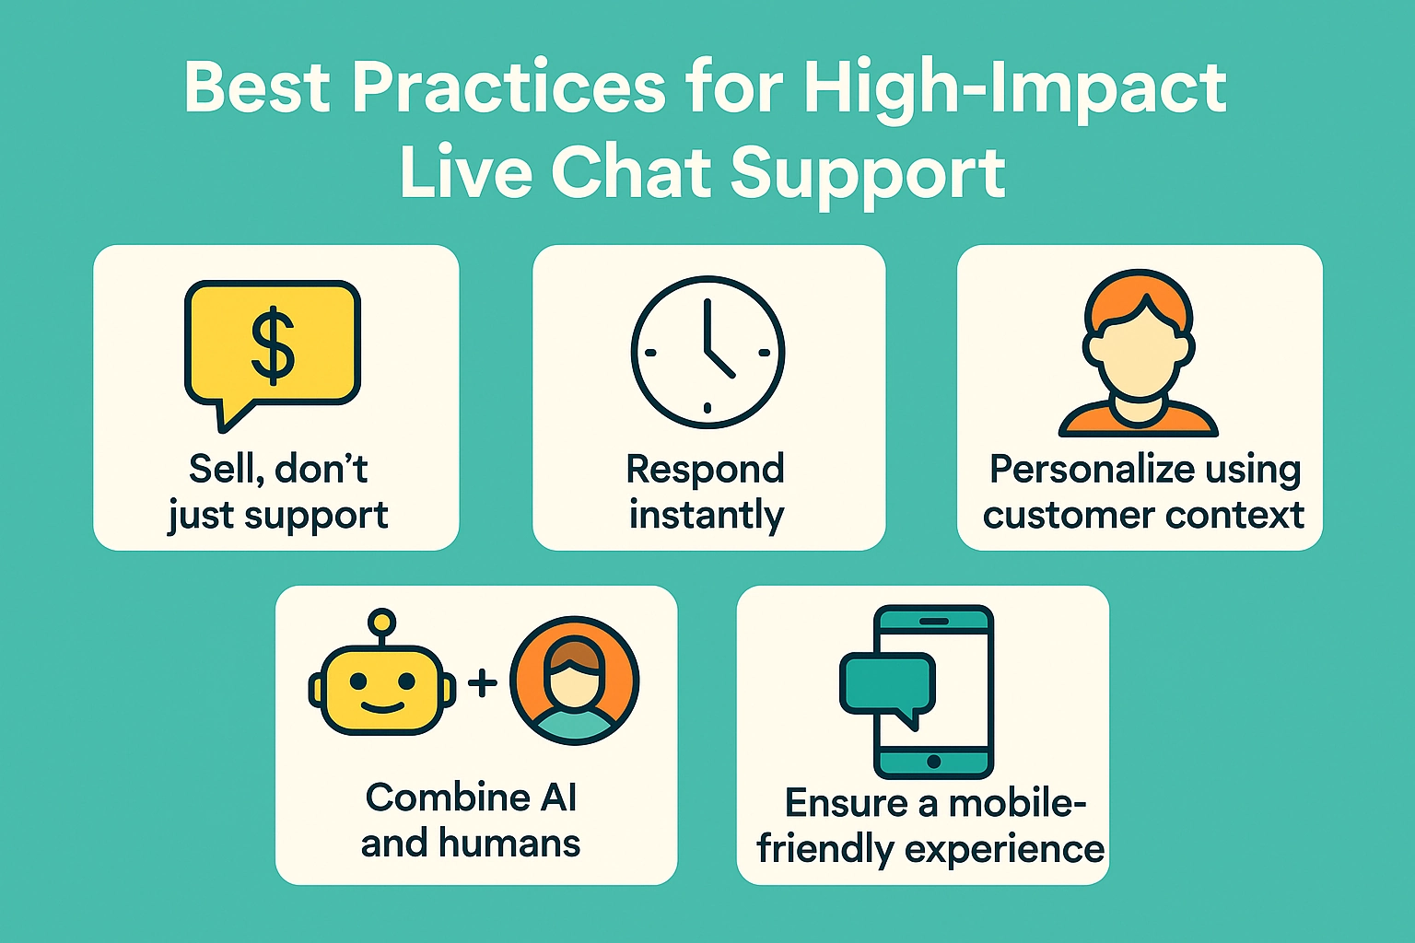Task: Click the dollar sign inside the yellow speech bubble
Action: [x=273, y=345]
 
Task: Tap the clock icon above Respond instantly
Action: [x=707, y=352]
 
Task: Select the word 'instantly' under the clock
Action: [x=707, y=515]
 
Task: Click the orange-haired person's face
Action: [x=1139, y=355]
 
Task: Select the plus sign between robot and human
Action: [x=482, y=682]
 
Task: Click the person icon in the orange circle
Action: [x=574, y=681]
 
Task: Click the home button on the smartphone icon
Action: [x=933, y=762]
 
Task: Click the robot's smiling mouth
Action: [x=381, y=707]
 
